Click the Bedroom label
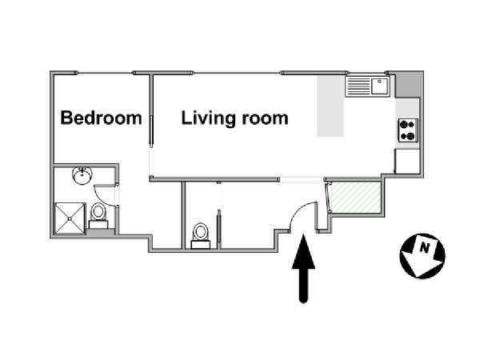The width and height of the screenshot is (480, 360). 101,118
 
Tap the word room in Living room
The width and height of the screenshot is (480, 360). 265,119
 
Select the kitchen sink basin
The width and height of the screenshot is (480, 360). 380,86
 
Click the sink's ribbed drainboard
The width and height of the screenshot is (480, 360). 358,86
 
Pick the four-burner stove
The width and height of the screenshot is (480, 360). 408,130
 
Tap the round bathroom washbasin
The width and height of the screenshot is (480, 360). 82,175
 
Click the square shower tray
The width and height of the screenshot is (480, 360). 70,218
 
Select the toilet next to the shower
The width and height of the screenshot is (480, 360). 98,216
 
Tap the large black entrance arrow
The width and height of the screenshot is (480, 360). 303,269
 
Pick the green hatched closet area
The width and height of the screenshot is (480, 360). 357,198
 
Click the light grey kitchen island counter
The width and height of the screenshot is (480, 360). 330,106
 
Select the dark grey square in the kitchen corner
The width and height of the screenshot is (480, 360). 408,86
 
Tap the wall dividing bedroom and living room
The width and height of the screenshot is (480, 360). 151,110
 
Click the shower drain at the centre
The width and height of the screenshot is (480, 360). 70,218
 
